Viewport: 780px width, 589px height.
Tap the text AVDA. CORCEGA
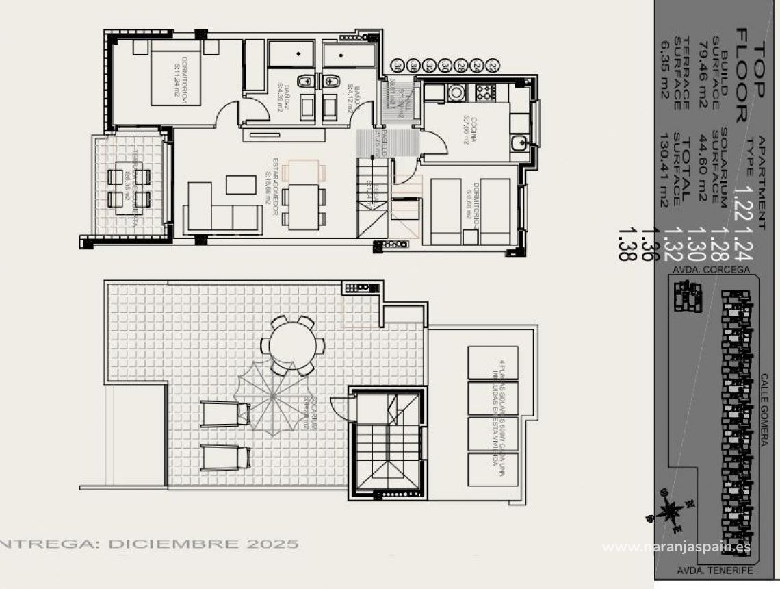[x=711, y=270]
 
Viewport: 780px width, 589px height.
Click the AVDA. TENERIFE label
[x=715, y=570]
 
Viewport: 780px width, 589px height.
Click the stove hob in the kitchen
[x=484, y=91]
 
